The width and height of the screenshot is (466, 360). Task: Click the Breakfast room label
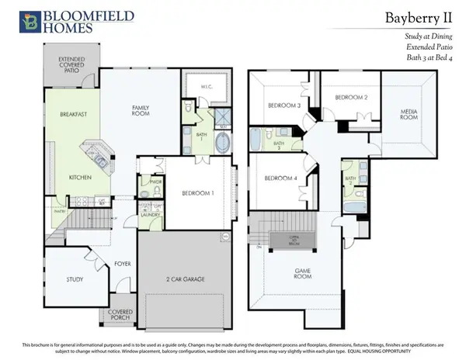tap(73, 115)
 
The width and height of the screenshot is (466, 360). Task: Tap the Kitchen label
tap(80, 178)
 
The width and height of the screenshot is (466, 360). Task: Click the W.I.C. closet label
tap(207, 87)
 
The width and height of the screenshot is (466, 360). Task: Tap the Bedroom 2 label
tap(350, 97)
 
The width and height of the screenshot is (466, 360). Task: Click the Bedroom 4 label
tap(280, 178)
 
